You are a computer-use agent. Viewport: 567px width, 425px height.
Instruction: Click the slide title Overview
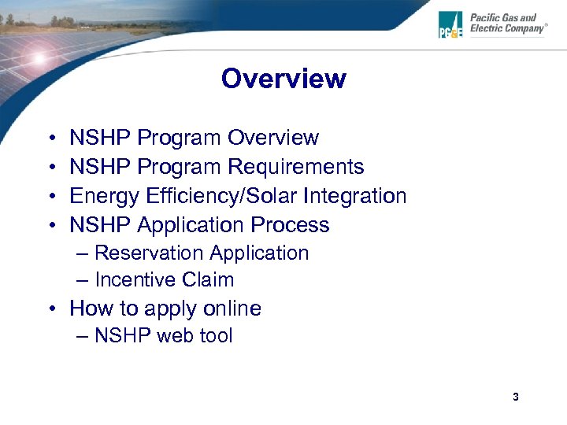point(283,79)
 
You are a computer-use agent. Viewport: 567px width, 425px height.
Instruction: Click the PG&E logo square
point(452,24)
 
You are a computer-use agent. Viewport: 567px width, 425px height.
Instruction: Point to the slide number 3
point(515,397)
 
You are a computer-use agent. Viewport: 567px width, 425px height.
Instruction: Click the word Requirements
point(295,167)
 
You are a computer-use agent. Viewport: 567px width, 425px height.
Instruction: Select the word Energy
point(102,196)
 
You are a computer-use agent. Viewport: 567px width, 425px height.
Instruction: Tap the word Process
point(290,225)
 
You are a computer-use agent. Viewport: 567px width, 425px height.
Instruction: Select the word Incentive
point(135,280)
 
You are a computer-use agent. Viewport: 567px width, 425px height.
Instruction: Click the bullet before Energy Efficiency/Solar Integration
point(50,197)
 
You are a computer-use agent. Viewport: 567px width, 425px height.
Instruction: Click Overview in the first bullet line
point(273,138)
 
